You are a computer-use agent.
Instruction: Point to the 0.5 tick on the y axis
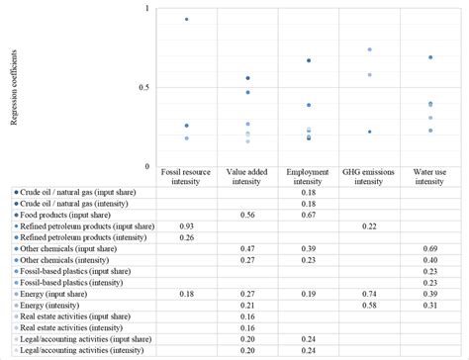pos(147,88)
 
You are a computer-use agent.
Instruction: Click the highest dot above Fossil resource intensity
pos(186,20)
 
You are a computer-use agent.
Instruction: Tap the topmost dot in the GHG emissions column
pos(369,49)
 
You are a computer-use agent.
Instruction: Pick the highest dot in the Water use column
pos(430,57)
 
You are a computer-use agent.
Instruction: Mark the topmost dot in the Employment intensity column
pos(309,60)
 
